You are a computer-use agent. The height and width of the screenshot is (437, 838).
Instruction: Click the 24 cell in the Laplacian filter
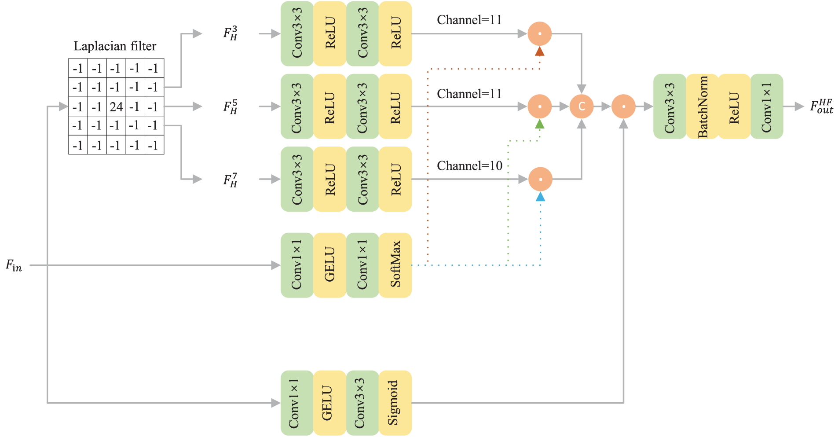(116, 106)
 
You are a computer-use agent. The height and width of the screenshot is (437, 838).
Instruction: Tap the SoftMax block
(395, 265)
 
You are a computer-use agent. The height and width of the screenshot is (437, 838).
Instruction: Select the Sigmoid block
(395, 403)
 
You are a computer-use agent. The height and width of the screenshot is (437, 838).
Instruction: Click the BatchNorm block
(702, 106)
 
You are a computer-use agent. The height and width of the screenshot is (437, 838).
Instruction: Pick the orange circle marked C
(582, 106)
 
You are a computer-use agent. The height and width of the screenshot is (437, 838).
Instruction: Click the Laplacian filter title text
(115, 46)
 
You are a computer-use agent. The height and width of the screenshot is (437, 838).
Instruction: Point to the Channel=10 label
(469, 166)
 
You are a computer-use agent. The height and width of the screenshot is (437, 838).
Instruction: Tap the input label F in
(14, 265)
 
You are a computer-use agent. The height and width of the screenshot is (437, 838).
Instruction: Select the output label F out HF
(821, 106)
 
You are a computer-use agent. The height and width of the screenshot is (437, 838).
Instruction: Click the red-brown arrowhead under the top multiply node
(540, 52)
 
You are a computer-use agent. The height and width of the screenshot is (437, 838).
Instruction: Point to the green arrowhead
(540, 124)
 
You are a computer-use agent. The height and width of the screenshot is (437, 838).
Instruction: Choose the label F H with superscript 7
(230, 180)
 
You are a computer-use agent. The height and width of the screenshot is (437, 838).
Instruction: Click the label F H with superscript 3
(230, 33)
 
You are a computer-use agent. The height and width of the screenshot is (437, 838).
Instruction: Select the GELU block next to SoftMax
(329, 265)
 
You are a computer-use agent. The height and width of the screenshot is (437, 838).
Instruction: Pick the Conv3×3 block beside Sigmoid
(362, 403)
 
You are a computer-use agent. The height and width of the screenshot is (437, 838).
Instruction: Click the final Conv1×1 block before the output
(766, 106)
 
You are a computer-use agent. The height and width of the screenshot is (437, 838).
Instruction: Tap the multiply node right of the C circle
(623, 106)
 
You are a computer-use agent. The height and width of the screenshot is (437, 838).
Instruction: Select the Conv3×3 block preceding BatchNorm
(670, 106)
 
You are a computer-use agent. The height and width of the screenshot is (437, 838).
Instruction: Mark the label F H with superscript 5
(230, 106)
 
